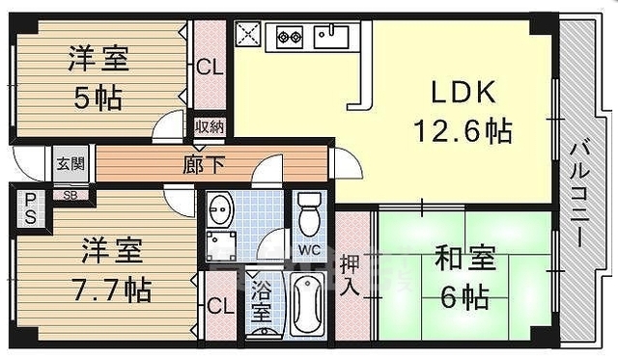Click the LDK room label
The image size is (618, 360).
[x=463, y=93]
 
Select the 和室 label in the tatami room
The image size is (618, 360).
[x=465, y=258]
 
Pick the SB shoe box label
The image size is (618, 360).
[x=70, y=194]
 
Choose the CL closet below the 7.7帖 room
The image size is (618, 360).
[x=221, y=308]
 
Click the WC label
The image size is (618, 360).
[x=309, y=250]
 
